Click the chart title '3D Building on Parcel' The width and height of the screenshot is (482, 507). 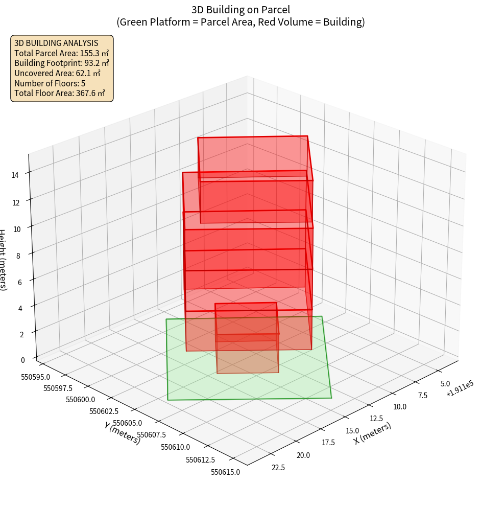[240, 9]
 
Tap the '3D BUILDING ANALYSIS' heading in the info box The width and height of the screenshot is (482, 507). [56, 43]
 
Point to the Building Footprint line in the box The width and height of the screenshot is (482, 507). [62, 63]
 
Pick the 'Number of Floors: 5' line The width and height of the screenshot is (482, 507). [50, 83]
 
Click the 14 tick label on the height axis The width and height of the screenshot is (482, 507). [15, 175]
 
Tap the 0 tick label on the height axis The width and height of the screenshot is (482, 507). [22, 360]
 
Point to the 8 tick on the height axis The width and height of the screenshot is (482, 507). [18, 255]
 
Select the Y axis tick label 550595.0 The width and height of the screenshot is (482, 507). [36, 377]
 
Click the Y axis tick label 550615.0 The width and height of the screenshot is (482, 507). [225, 472]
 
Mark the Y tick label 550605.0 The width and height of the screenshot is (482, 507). [127, 423]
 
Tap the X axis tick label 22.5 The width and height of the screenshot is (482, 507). [278, 467]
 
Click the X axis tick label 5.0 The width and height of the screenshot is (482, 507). [445, 383]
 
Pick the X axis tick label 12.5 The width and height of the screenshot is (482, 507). [377, 418]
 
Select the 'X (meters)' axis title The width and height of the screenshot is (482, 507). [373, 433]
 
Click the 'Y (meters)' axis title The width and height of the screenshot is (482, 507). [122, 433]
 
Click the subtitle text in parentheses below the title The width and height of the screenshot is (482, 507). [240, 22]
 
